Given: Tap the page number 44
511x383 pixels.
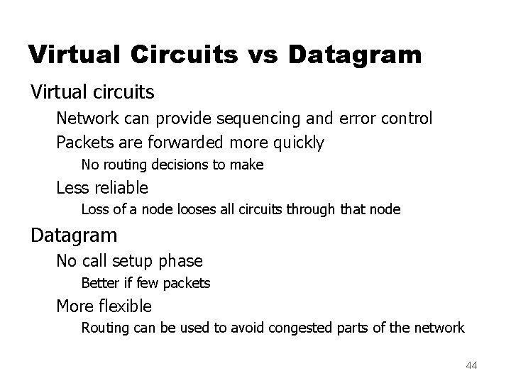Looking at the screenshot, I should click(x=471, y=365).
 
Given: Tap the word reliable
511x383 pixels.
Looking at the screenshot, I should click(x=121, y=187).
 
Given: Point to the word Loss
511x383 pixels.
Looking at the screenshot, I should click(x=94, y=209).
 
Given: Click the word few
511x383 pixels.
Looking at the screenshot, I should click(x=148, y=283).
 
